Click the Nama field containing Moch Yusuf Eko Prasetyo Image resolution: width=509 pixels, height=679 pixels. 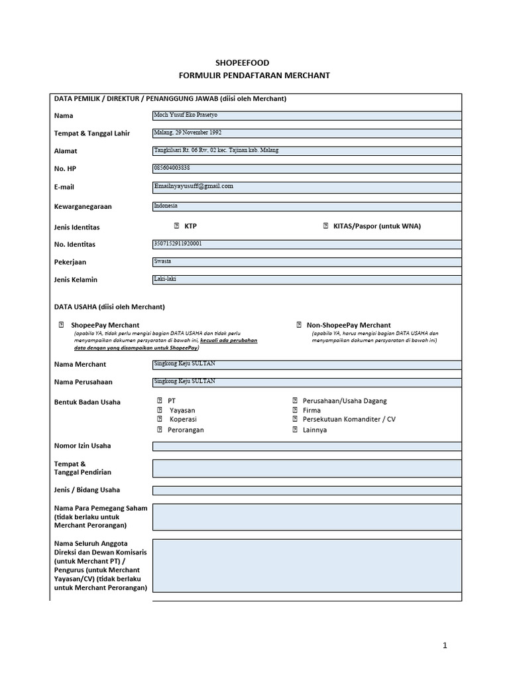tap(307, 115)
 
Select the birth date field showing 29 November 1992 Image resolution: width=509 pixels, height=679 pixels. tap(307, 133)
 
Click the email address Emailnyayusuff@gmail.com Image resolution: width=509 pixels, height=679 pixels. tap(194, 186)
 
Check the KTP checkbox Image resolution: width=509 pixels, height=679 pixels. tap(176, 226)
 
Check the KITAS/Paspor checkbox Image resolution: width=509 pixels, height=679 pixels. tap(325, 226)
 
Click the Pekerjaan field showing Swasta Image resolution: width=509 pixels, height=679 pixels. tap(307, 261)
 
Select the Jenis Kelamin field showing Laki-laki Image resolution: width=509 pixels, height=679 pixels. tap(307, 279)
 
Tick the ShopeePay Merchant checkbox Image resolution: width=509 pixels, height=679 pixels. tap(62, 325)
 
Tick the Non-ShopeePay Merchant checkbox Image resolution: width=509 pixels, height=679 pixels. tap(299, 325)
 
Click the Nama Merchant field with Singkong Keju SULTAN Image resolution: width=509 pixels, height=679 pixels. tap(307, 364)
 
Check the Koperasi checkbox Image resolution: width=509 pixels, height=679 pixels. tap(160, 419)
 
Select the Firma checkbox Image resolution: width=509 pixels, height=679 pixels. tap(295, 410)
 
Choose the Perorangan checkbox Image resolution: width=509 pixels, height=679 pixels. tap(160, 430)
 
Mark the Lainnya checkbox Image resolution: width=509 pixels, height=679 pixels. tap(295, 430)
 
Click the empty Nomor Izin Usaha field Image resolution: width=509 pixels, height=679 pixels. tap(307, 446)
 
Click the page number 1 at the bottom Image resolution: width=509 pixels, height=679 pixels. tap(446, 645)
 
